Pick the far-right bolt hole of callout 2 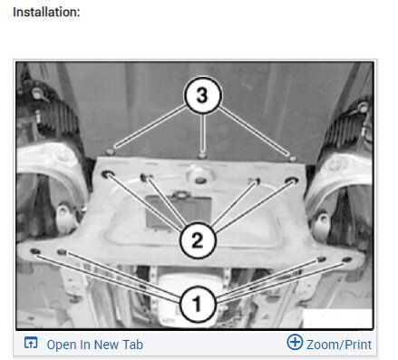(x=292, y=181)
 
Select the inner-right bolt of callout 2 (x=257, y=181)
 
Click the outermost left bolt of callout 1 (x=34, y=251)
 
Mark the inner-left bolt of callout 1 (x=63, y=255)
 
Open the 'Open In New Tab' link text (x=94, y=345)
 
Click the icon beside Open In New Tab (x=31, y=344)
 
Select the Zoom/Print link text (x=338, y=345)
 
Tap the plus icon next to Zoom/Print (x=294, y=343)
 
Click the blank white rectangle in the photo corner (x=336, y=317)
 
